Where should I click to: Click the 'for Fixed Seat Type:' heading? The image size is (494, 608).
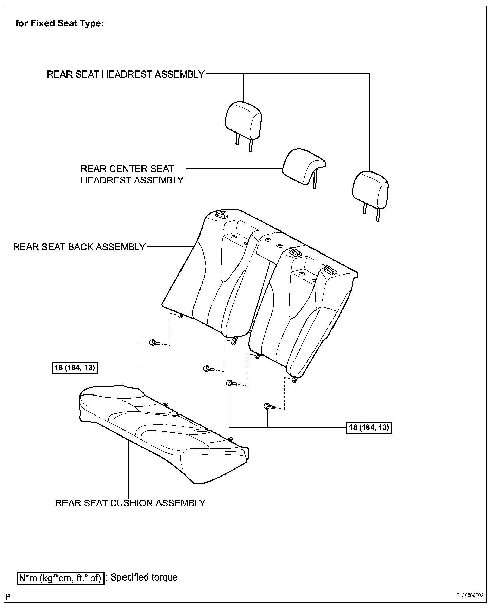click(x=60, y=24)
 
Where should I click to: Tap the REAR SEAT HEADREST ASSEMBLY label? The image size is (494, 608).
click(x=126, y=74)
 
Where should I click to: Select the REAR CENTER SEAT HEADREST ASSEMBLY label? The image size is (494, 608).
click(x=132, y=174)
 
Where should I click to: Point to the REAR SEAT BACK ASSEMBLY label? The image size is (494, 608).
click(x=79, y=247)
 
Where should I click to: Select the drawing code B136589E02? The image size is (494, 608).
click(x=470, y=595)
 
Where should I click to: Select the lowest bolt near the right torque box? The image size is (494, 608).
click(x=267, y=406)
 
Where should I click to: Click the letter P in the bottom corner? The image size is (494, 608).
click(x=7, y=596)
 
